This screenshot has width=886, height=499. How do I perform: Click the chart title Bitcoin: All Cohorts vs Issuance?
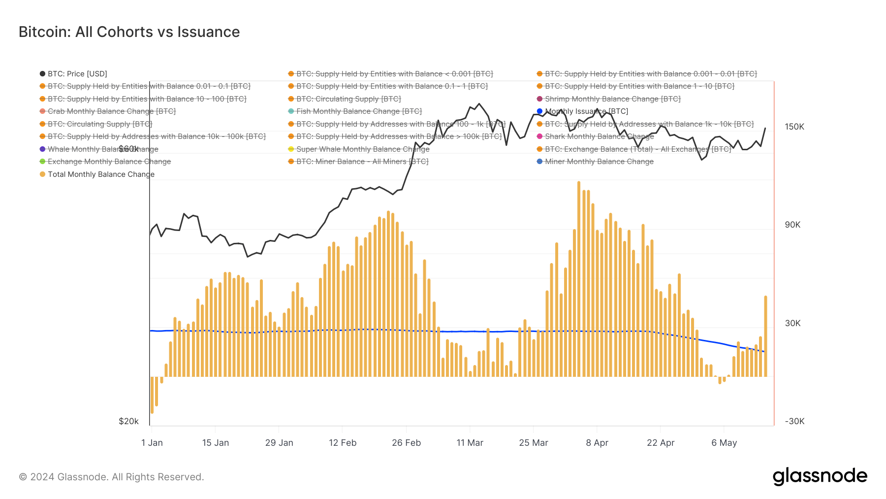click(x=129, y=32)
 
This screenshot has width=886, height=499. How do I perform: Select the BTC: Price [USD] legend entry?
click(x=77, y=74)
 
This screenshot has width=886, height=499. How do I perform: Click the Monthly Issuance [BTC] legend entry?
click(x=586, y=111)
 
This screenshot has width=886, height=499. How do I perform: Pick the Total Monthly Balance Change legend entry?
click(x=100, y=174)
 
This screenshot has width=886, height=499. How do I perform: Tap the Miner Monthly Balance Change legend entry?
click(x=599, y=162)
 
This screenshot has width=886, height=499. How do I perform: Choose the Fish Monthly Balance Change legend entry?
click(x=358, y=111)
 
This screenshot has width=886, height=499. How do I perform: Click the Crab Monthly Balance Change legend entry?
click(x=111, y=111)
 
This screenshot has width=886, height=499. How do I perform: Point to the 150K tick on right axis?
click(x=794, y=127)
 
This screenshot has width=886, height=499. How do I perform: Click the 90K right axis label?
click(x=792, y=225)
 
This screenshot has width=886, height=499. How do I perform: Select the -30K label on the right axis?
click(x=794, y=422)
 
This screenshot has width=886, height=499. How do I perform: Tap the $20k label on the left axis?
click(x=128, y=422)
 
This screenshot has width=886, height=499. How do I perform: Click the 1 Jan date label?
click(x=152, y=443)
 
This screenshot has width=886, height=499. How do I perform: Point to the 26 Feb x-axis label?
click(x=406, y=443)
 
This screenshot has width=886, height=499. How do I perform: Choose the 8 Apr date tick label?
click(x=597, y=443)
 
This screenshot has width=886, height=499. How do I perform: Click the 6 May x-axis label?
click(x=724, y=443)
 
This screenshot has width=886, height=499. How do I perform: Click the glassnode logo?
click(x=820, y=476)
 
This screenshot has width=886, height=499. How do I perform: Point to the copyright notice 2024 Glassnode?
click(x=111, y=477)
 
